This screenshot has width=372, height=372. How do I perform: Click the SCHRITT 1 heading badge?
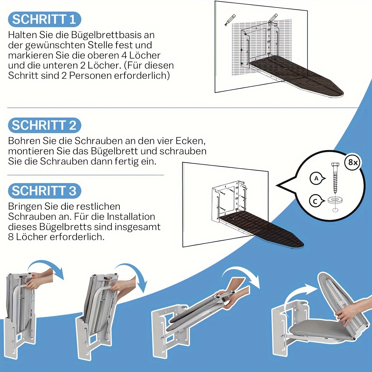[44, 19]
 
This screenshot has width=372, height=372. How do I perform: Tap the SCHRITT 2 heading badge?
[44, 125]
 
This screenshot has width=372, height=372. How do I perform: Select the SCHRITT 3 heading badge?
[44, 191]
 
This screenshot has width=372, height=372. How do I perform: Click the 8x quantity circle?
[353, 162]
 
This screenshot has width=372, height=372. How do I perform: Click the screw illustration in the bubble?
[335, 178]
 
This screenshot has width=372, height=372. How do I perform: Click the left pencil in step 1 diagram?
[230, 20]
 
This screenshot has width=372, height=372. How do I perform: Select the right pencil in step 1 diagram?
[273, 18]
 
